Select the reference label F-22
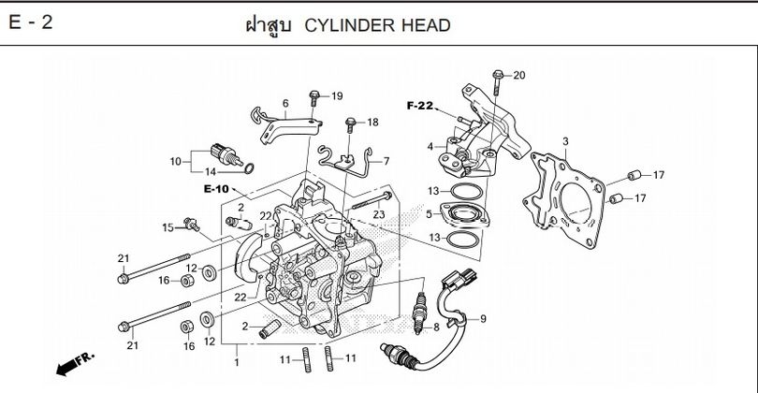point(420,107)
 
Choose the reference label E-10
point(216,190)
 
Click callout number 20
point(519,75)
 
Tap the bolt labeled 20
point(499,75)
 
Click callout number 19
point(337,96)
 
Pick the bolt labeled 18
point(351,124)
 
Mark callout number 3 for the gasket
point(564,141)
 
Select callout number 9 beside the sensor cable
point(483,320)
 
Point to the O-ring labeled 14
point(247,168)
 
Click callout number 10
point(174,161)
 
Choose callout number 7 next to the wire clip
point(386,161)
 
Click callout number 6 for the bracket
point(284,103)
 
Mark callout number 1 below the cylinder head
point(236,362)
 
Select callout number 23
point(379,214)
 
